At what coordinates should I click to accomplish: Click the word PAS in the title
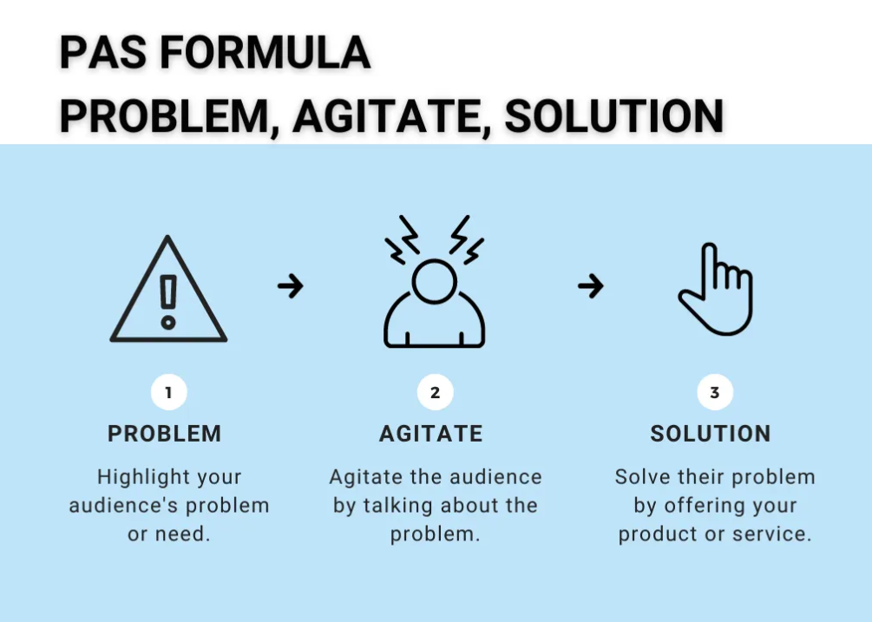click(95, 54)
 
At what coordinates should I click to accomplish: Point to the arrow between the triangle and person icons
click(291, 285)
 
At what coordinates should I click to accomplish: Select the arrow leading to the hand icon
click(590, 285)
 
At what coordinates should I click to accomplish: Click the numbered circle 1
click(168, 392)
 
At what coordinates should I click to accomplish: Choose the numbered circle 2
click(435, 392)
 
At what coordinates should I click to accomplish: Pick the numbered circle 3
click(714, 392)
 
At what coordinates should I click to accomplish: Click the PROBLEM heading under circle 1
click(165, 434)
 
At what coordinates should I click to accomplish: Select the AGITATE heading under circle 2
click(431, 434)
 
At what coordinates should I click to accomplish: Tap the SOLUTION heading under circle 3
click(711, 434)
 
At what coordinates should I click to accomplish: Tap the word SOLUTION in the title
click(614, 116)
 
